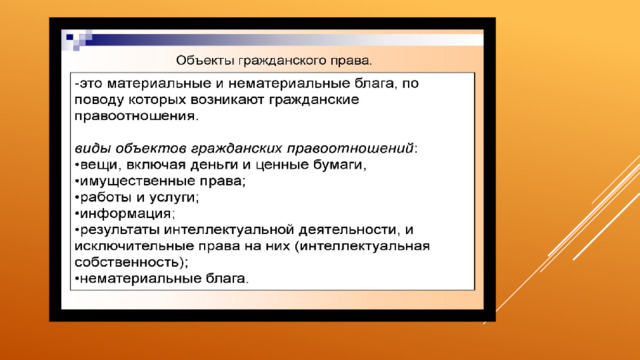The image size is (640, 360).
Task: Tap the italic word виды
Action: pos(93,148)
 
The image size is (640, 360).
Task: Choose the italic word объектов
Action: pos(151,148)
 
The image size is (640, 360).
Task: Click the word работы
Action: pos(106,197)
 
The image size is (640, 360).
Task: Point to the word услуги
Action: pos(173,198)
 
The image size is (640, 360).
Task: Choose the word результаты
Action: pos(120,230)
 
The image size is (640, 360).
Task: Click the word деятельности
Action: pos(348,230)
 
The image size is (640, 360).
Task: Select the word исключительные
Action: pos(134,246)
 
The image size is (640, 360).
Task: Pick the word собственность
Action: pos(127,262)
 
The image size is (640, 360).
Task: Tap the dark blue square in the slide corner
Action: pos(69,37)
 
